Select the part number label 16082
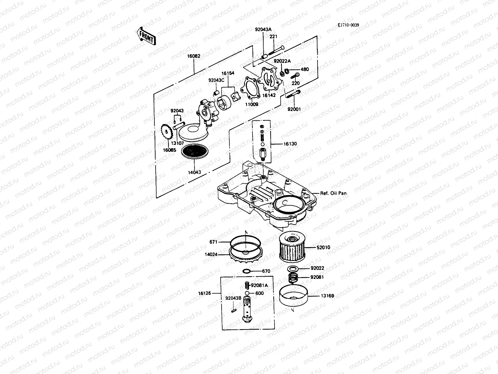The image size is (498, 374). [194, 56]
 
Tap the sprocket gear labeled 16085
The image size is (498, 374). [167, 133]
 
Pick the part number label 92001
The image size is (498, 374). [294, 109]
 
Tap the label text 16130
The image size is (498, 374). [290, 144]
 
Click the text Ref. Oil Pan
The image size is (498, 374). [333, 193]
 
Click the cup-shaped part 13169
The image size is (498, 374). [294, 296]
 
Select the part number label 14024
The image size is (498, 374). [211, 255]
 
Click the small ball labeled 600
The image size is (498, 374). [247, 293]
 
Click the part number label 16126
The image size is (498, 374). [204, 293]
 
